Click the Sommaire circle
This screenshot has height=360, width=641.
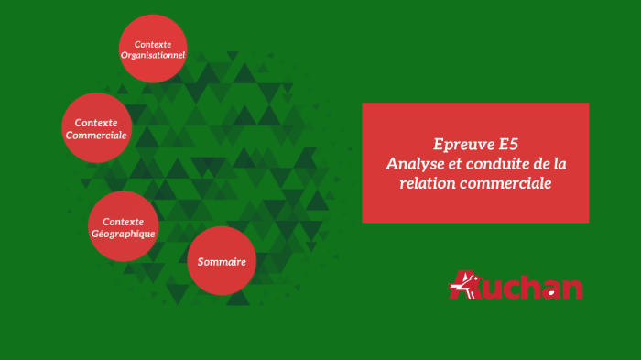pos(222,262)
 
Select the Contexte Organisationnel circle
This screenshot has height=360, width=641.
pos(153,49)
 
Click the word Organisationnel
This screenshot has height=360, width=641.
pos(153,55)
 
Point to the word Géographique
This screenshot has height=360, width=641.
pos(123,234)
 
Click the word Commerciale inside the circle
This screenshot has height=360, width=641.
pos(96,135)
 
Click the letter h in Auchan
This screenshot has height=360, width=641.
pos(531,288)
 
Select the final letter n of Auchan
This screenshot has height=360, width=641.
pos(571,289)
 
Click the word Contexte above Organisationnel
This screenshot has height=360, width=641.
pos(153,43)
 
